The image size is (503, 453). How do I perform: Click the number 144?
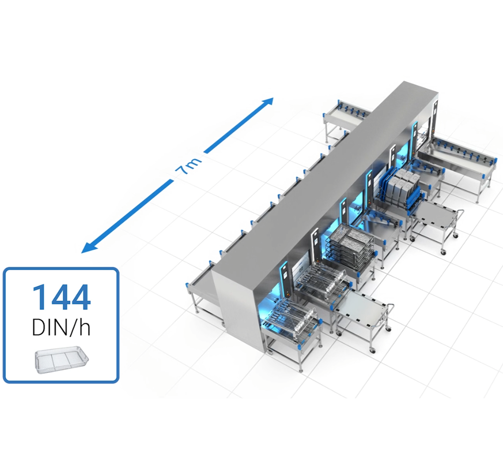tap(61, 297)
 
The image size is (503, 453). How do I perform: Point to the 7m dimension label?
tap(189, 166)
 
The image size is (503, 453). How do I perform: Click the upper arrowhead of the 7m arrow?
tap(268, 102)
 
